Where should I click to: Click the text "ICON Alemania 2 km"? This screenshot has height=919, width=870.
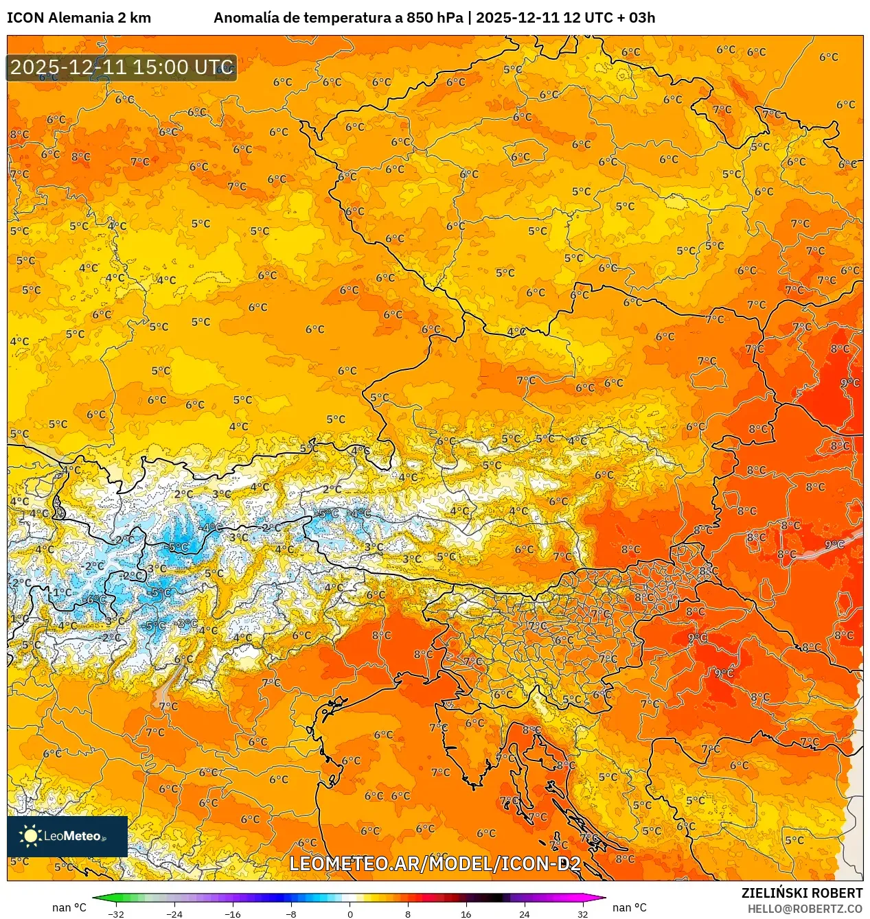click(x=79, y=18)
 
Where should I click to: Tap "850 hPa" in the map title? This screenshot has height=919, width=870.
click(x=435, y=18)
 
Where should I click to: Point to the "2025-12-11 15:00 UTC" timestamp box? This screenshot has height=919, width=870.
click(x=122, y=67)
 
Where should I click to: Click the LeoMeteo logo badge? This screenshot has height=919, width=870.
click(x=67, y=836)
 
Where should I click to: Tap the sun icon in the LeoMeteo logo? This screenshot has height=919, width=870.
click(x=30, y=835)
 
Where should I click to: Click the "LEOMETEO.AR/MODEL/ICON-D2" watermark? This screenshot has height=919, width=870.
click(x=435, y=863)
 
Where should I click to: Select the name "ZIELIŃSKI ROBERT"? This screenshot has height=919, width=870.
click(x=801, y=893)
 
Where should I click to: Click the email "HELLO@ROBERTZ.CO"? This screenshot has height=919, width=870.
click(x=805, y=909)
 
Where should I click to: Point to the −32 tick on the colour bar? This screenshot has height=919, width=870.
click(x=116, y=914)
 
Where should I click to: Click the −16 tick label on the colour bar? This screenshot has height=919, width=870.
click(x=233, y=914)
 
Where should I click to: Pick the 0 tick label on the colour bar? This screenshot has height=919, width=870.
click(x=350, y=914)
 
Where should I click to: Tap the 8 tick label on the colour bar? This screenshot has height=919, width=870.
click(x=408, y=914)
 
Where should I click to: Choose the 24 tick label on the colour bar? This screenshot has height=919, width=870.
click(x=525, y=914)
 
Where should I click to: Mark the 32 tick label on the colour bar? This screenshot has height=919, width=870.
click(x=582, y=914)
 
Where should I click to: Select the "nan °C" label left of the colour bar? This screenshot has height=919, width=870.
click(x=69, y=907)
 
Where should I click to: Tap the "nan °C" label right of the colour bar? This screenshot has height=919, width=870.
click(x=630, y=907)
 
